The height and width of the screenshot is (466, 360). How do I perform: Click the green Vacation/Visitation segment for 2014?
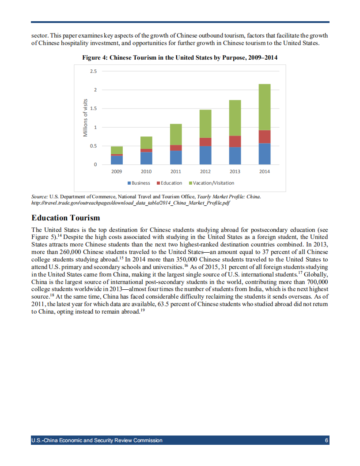click(265, 107)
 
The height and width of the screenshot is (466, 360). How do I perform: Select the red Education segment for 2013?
click(235, 141)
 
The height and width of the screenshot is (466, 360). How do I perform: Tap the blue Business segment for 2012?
click(205, 155)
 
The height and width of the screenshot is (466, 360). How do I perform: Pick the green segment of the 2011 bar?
click(176, 134)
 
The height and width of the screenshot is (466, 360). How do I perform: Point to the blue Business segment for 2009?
click(117, 160)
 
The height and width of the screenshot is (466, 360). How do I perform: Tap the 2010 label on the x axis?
click(146, 171)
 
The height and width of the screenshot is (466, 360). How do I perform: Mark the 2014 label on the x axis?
click(265, 171)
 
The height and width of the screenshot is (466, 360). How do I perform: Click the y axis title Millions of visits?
click(87, 118)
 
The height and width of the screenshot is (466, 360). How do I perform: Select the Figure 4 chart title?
click(180, 58)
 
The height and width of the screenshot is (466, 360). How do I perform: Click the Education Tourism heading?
click(66, 218)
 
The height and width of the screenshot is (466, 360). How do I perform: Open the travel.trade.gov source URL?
click(131, 204)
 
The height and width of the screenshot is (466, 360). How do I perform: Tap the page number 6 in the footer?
click(326, 440)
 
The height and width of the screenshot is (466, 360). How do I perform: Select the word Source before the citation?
click(40, 197)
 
